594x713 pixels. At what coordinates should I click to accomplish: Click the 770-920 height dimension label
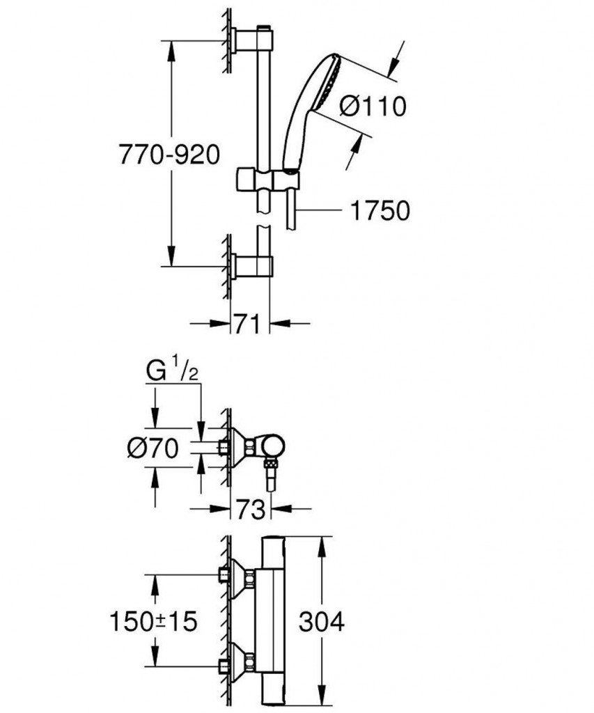(169, 155)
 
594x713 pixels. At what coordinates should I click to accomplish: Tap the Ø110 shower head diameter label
(373, 107)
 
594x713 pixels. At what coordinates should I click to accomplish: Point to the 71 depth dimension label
(247, 324)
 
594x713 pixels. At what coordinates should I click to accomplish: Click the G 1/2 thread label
(173, 372)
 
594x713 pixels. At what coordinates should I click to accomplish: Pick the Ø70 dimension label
(153, 449)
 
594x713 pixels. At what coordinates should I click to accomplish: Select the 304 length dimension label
(322, 622)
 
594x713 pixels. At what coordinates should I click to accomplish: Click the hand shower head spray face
(331, 81)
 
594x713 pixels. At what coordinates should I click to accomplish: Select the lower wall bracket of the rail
(251, 265)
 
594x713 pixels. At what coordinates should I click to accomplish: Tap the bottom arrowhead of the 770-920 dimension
(171, 256)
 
